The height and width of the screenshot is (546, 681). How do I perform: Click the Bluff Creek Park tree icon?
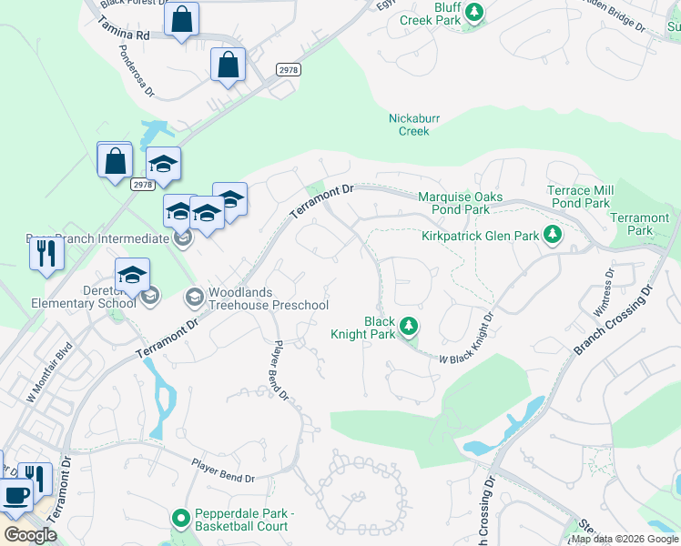(473, 12)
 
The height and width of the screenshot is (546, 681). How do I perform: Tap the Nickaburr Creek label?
(409, 125)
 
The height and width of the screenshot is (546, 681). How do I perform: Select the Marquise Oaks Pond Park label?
(453, 203)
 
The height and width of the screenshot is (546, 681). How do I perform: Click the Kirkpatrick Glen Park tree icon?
(551, 236)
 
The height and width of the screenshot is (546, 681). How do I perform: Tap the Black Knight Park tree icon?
(410, 325)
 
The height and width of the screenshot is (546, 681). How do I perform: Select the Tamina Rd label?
(126, 34)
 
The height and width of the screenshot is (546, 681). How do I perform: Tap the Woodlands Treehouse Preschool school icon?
(195, 297)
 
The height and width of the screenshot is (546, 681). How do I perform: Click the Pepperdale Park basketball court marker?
(181, 520)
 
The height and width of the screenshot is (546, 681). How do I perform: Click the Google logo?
(31, 536)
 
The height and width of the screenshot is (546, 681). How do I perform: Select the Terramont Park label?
(639, 224)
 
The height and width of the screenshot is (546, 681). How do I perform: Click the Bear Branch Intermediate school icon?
(183, 239)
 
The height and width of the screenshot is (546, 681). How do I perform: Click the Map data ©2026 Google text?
(625, 539)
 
